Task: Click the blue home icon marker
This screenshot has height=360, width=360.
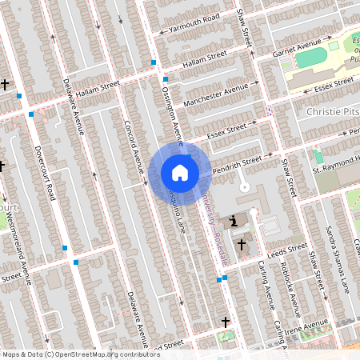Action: pos(180,173)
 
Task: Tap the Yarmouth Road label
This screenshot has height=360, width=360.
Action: pos(190,25)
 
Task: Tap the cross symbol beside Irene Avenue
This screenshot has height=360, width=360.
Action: pos(226,322)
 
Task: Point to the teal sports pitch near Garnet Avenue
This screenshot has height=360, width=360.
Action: pos(307,58)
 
